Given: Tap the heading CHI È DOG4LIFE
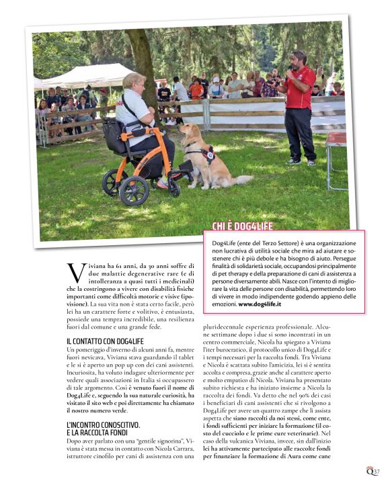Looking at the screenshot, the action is [243, 227].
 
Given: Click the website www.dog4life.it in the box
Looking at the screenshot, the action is [260, 304].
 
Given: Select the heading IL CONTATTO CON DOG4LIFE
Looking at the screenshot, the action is [105, 342].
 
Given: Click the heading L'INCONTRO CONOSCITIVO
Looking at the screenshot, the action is [103, 425].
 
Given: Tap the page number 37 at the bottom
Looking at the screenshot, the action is [377, 471].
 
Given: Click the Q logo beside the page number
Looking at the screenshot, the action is [369, 471].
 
